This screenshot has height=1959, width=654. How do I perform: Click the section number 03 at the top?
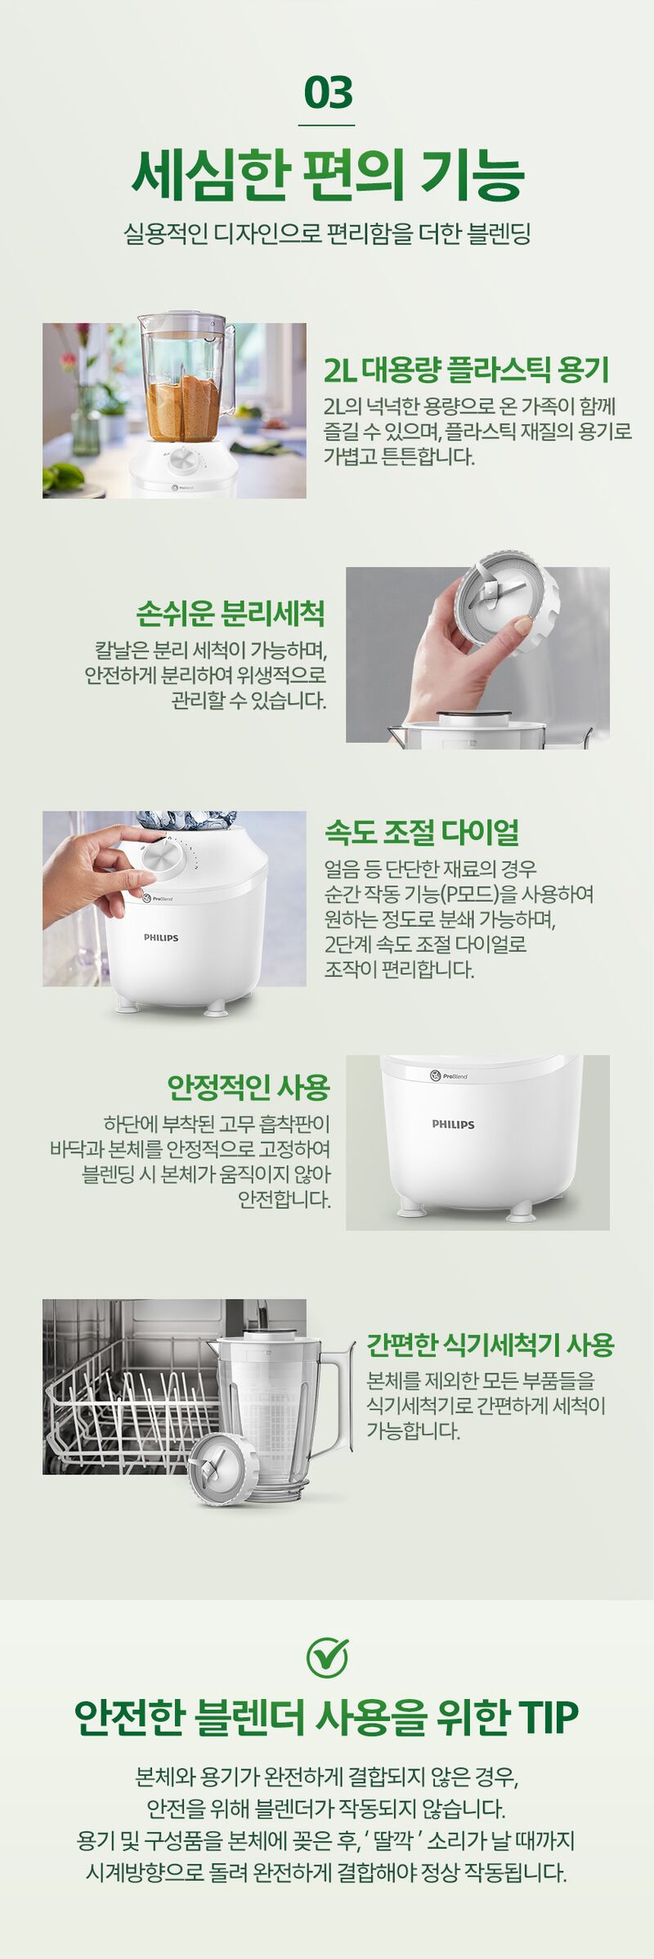[x=328, y=92]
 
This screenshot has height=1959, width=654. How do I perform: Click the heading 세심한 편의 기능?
[x=327, y=175]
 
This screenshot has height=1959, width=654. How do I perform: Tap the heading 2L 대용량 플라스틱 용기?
[x=467, y=369]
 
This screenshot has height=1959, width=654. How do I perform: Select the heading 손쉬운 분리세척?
[x=231, y=613]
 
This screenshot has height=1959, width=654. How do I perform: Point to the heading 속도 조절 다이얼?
[x=422, y=832]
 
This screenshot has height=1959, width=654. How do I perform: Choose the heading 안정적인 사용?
[x=249, y=1087]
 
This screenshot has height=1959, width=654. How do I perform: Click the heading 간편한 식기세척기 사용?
[x=490, y=1344]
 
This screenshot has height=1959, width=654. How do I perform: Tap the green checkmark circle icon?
[x=327, y=1657]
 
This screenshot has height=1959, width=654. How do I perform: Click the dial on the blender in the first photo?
[x=183, y=462]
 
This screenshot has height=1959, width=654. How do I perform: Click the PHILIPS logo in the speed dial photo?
[x=161, y=937]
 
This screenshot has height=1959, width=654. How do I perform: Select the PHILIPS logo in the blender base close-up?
[x=453, y=1125]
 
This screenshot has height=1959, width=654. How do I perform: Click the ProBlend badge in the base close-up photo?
[x=449, y=1076]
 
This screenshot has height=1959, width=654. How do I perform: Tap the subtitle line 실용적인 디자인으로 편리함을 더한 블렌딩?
[x=327, y=234]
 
